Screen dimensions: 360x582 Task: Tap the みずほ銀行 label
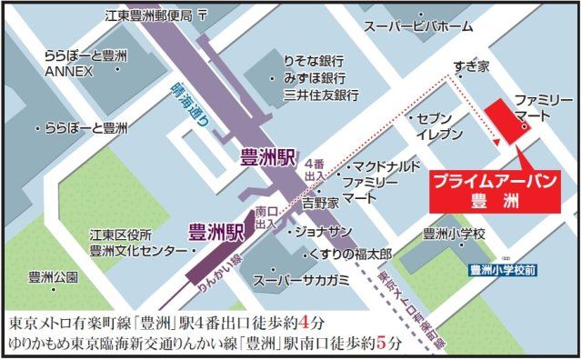[315, 77]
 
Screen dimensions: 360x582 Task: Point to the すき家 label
[472, 66]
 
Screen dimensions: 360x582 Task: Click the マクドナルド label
[386, 166]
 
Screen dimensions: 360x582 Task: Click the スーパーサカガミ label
[300, 279]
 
